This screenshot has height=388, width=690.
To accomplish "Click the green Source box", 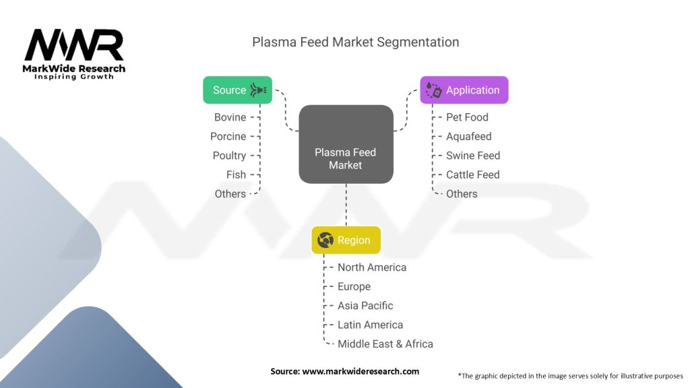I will tap(237, 90).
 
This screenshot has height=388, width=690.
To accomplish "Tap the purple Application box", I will tap(464, 90).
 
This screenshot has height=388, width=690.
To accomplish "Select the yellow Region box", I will tap(346, 240).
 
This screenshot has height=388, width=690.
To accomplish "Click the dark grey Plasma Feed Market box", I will tap(346, 144).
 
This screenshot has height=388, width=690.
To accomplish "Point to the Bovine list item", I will tap(230, 117).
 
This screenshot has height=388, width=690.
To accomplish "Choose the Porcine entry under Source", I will tap(228, 136).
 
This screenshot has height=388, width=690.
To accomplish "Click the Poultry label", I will tap(229, 156).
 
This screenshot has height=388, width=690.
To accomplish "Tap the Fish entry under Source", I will tap(236, 174).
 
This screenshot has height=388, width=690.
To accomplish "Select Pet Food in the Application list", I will tap(467, 117).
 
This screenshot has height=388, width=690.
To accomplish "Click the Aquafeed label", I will tap(468, 136).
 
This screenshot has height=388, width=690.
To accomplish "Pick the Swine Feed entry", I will tap(473, 156).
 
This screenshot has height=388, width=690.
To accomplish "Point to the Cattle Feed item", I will tap(472, 174).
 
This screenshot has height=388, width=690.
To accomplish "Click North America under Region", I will tap(372, 267).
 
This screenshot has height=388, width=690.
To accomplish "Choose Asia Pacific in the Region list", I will tap(365, 306).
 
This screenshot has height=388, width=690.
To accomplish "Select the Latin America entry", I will tap(371, 325).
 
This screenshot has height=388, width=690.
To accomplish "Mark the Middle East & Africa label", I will tap(385, 344).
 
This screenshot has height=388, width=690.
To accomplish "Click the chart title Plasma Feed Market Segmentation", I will tap(356, 42).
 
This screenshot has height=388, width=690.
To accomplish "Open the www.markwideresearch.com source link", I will tap(360, 371).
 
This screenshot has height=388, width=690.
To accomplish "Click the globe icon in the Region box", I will tap(325, 240).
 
